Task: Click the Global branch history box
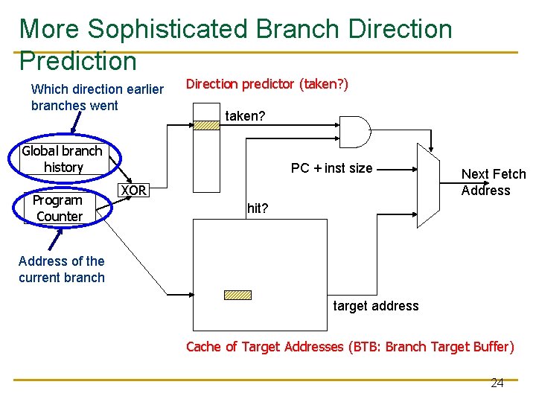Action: pyautogui.click(x=63, y=159)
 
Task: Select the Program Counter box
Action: pyautogui.click(x=59, y=208)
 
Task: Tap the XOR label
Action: pyautogui.click(x=134, y=191)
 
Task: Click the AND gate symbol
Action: pyautogui.click(x=354, y=133)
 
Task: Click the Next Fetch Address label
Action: pyautogui.click(x=493, y=182)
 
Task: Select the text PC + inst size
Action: pyautogui.click(x=331, y=168)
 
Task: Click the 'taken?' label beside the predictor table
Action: pyautogui.click(x=245, y=116)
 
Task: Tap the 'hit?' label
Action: pyautogui.click(x=257, y=208)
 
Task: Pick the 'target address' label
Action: pyautogui.click(x=375, y=306)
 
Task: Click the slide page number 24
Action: pyautogui.click(x=497, y=383)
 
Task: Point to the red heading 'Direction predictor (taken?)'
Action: pyautogui.click(x=267, y=84)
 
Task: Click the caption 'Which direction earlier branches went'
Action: pyautogui.click(x=97, y=98)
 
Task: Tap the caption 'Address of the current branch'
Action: pyautogui.click(x=61, y=269)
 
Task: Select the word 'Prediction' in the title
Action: pyautogui.click(x=78, y=61)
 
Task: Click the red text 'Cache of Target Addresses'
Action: pyautogui.click(x=264, y=347)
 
